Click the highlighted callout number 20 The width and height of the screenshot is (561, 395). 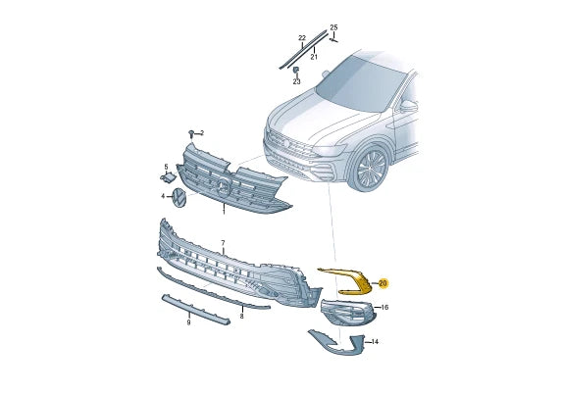pyautogui.click(x=382, y=283)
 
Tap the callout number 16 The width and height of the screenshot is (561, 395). pyautogui.click(x=384, y=308)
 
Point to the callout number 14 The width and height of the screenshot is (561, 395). pyautogui.click(x=374, y=342)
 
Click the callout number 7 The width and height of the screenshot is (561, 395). pyautogui.click(x=223, y=242)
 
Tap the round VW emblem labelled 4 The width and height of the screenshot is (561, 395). pyautogui.click(x=179, y=198)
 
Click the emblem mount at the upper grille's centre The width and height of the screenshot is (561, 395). pyautogui.click(x=225, y=186)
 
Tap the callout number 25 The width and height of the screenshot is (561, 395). pyautogui.click(x=332, y=26)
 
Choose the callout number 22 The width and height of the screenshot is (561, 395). pyautogui.click(x=302, y=38)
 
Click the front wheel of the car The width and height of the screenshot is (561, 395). pyautogui.click(x=372, y=169)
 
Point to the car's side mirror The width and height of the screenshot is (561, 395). pyautogui.click(x=407, y=104)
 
